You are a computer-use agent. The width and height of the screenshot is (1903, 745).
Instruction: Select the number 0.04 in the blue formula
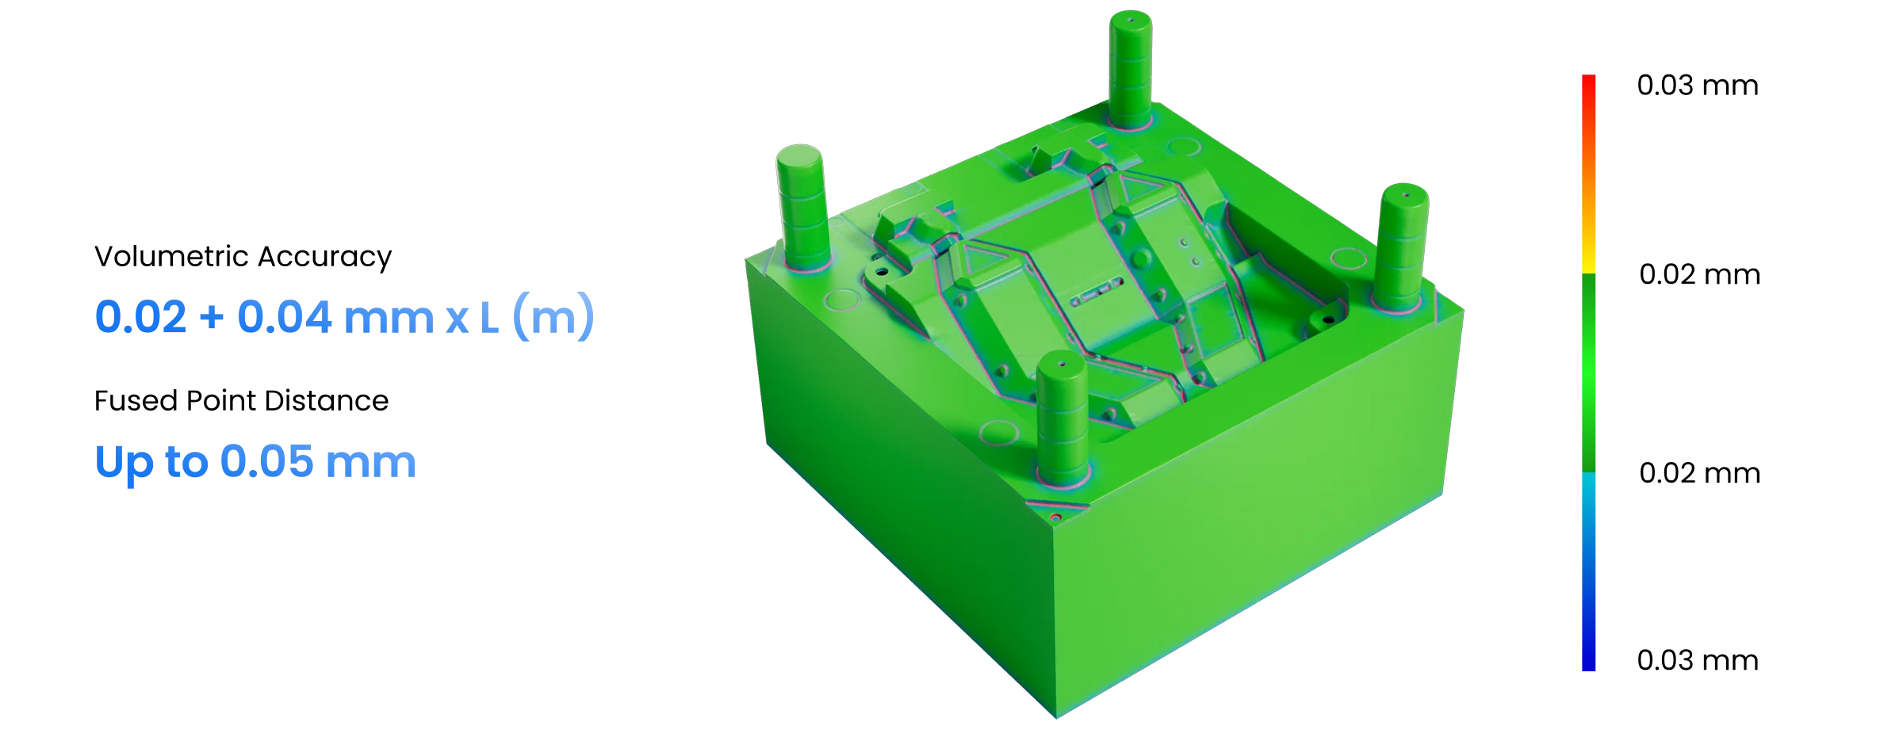(x=285, y=317)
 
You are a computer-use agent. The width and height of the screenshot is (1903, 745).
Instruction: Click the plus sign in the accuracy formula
(x=212, y=319)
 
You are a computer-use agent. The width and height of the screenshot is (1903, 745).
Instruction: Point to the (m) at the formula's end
(x=553, y=317)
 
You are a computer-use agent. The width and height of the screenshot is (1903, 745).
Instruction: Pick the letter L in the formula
(x=489, y=318)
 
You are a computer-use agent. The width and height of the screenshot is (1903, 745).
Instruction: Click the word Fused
(x=136, y=401)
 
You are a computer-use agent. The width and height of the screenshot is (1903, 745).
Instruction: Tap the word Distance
(x=327, y=401)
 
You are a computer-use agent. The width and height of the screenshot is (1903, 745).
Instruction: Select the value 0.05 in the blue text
(x=267, y=461)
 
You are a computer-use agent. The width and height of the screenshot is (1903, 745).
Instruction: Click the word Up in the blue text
(x=124, y=464)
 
